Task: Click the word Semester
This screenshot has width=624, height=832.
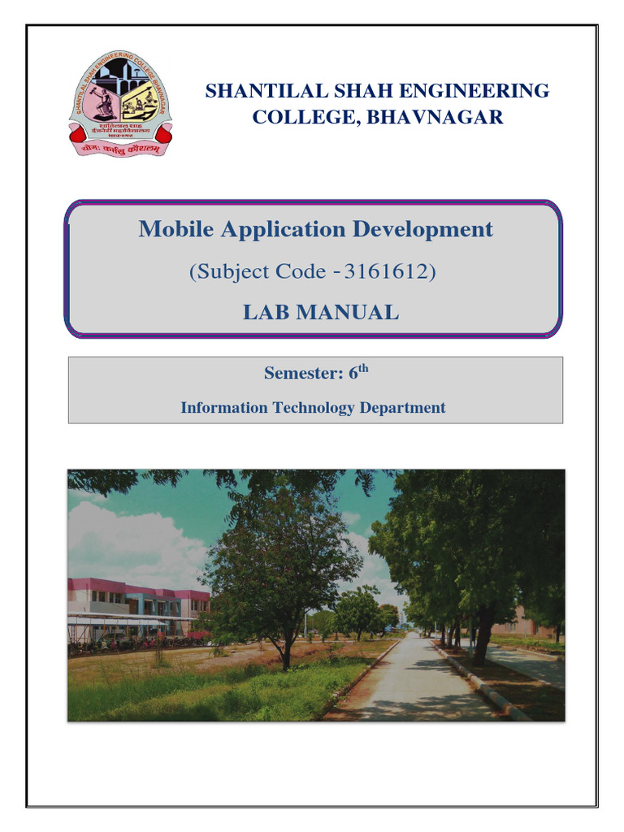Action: (297, 374)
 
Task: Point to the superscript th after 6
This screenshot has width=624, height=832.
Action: (363, 368)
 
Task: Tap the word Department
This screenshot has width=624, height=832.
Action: (402, 408)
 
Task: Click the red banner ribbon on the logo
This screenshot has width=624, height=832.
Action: (119, 149)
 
